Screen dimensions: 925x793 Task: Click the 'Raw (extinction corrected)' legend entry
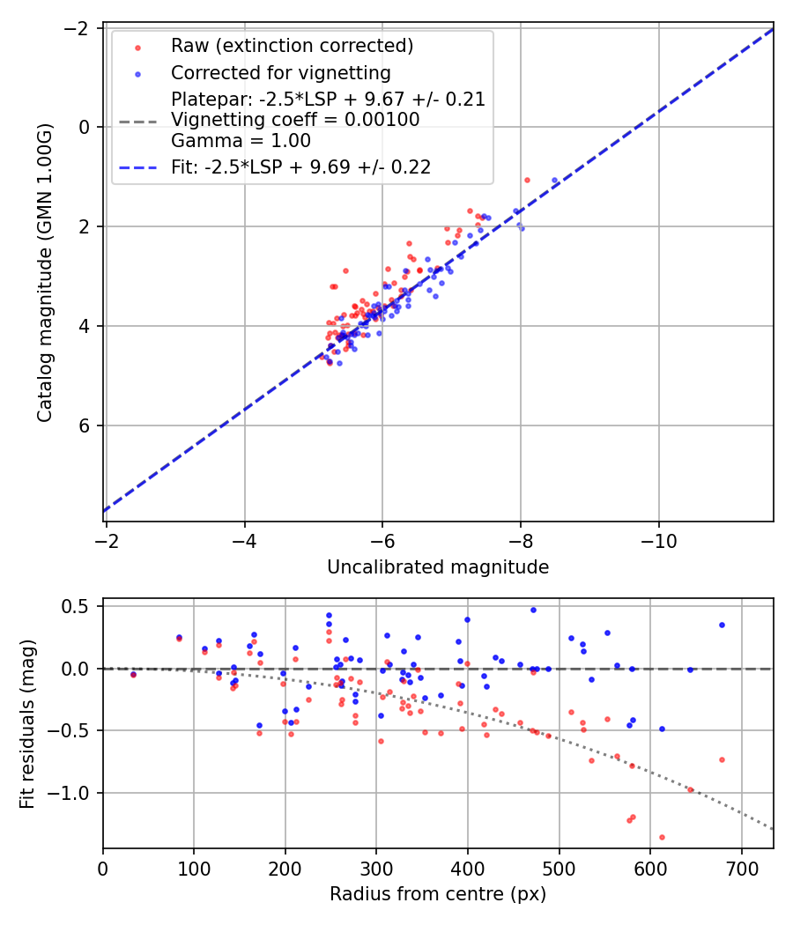(292, 46)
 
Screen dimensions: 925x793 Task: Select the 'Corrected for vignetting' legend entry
(280, 72)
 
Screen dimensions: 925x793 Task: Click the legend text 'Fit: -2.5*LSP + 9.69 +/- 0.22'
(300, 167)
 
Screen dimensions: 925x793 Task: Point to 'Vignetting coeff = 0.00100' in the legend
(295, 120)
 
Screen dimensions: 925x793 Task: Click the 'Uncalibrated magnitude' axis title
(438, 567)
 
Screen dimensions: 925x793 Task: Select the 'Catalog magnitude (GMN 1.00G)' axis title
(45, 273)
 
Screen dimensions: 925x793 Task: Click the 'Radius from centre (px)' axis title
(438, 894)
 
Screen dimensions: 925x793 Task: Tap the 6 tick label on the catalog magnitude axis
(86, 425)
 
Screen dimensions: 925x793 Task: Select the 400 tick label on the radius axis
(468, 868)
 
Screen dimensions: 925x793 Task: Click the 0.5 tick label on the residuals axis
(79, 606)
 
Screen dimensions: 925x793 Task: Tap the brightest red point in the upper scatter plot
(527, 180)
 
